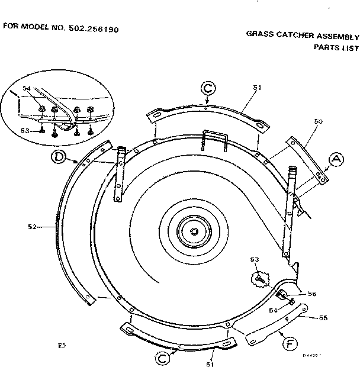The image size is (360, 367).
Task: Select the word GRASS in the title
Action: click(259, 34)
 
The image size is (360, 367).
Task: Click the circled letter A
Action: click(336, 159)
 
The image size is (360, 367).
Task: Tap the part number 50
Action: click(318, 121)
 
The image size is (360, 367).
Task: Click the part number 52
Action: click(33, 226)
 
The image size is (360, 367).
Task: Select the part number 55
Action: click(323, 318)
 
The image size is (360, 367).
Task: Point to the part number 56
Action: click(311, 293)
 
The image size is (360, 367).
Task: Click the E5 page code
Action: click(62, 344)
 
